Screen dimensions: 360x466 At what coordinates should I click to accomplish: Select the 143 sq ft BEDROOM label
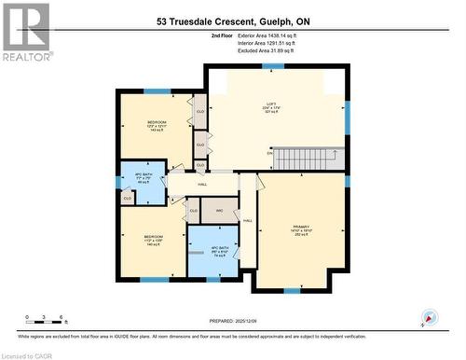tap(157, 126)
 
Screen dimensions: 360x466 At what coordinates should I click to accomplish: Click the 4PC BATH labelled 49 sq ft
tap(144, 180)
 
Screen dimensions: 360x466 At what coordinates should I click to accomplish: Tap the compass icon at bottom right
tap(429, 317)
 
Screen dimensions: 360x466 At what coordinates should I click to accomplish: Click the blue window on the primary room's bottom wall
tap(292, 290)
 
